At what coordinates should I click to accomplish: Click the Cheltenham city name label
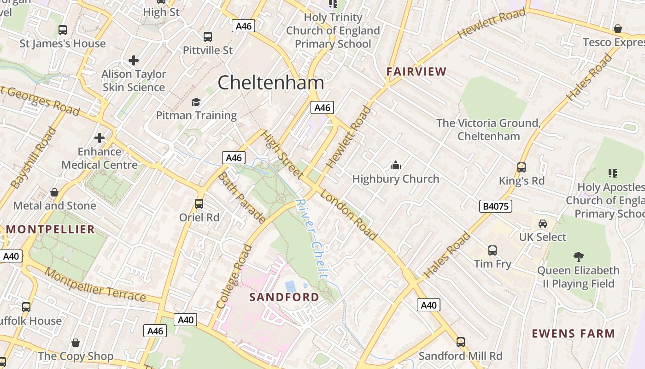click(x=271, y=83)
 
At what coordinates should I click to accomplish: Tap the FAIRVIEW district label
click(x=416, y=71)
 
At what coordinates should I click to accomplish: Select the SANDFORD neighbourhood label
click(x=284, y=297)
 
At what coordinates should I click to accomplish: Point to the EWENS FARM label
click(x=573, y=333)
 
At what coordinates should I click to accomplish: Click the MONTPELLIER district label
click(x=50, y=229)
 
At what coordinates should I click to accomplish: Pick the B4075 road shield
click(x=496, y=206)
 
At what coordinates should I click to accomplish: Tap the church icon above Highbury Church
click(x=395, y=165)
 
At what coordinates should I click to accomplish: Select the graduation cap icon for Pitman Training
click(x=196, y=102)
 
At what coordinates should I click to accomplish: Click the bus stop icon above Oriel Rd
click(x=199, y=203)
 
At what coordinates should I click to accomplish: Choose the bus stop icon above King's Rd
click(x=522, y=167)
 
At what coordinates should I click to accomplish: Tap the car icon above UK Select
click(x=543, y=224)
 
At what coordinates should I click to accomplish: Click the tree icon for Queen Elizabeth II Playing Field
click(x=578, y=256)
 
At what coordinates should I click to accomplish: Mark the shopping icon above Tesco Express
click(x=618, y=29)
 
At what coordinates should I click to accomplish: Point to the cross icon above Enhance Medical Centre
click(x=99, y=137)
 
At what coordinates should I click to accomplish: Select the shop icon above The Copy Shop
click(x=76, y=343)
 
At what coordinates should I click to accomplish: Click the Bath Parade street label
click(x=241, y=197)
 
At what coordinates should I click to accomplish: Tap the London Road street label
click(x=349, y=215)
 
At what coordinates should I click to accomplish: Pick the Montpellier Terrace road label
click(x=95, y=284)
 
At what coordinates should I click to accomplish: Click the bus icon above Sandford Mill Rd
click(x=460, y=342)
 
